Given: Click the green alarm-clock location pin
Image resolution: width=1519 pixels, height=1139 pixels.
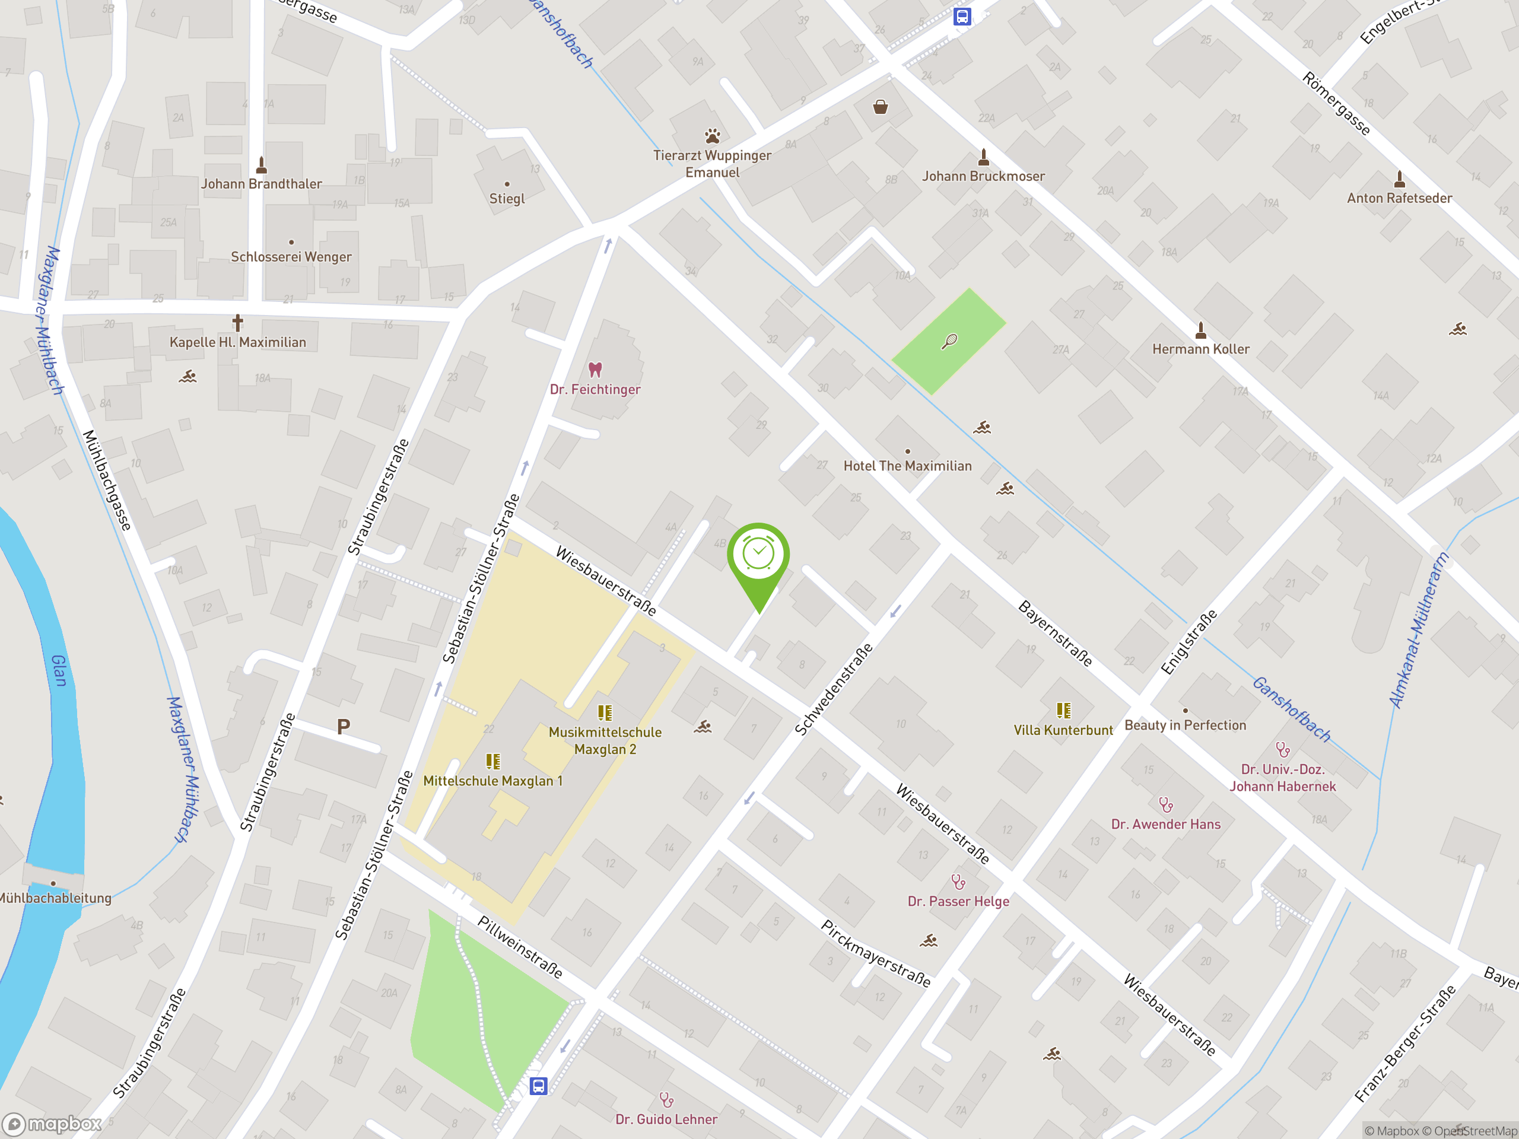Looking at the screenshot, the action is pos(758,556).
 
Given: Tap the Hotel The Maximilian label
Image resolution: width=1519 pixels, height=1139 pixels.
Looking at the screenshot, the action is pos(907,466).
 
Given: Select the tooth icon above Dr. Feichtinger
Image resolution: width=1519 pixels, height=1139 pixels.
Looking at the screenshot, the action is pos(595,370).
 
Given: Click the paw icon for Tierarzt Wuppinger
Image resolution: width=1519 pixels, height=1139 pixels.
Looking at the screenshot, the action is pos(713,135).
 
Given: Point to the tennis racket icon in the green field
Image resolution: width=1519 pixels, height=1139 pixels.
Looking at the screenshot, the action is pos(949,341).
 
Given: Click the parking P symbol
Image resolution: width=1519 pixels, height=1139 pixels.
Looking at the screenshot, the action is pos(344,726).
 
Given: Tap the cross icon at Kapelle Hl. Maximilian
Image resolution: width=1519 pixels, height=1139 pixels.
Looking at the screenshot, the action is pos(237,322).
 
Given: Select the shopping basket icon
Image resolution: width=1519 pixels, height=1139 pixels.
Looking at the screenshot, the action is pos(881,107).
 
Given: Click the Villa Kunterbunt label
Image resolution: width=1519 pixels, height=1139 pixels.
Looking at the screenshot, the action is pos(1063,730).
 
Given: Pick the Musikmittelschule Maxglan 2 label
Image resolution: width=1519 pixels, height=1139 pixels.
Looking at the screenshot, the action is pos(605,741).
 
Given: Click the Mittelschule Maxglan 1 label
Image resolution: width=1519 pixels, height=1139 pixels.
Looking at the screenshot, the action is pos(492,781).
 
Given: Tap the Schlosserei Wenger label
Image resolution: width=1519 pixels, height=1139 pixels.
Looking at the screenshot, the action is pos(291,257).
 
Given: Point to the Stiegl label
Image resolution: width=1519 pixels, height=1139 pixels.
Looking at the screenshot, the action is pos(507,198).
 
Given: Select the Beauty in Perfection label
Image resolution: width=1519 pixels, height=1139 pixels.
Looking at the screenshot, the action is pos(1186,726).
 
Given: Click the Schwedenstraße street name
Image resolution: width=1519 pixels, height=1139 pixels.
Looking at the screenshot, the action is pos(834,689).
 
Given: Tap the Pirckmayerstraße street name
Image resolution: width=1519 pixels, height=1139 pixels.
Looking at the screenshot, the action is pos(876,955).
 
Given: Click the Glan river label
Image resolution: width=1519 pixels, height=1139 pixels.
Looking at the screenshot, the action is pos(60,671).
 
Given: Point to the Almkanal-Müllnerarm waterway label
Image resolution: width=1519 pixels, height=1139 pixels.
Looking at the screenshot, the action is pos(1419,630).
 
